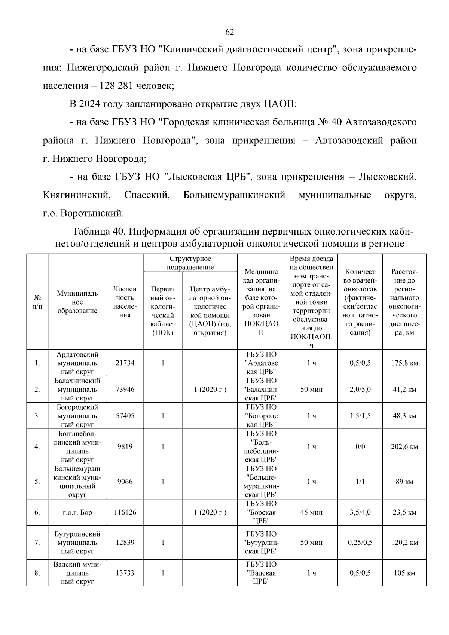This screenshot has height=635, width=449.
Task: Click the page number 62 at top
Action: [x=229, y=32]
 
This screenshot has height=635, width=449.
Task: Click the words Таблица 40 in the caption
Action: [x=97, y=232]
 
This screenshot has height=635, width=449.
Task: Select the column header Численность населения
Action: [x=125, y=302]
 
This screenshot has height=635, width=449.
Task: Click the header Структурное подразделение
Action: [x=190, y=263]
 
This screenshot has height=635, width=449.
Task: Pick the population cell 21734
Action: [x=125, y=363]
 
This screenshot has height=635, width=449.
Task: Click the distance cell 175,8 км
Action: [x=404, y=363]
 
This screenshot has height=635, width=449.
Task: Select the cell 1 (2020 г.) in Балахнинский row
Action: [x=210, y=390]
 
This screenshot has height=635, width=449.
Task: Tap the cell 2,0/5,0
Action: [x=360, y=390]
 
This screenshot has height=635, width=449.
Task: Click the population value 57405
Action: [x=125, y=416]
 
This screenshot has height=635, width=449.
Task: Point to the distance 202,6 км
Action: [x=404, y=446]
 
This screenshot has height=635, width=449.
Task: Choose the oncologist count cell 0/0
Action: [x=360, y=446]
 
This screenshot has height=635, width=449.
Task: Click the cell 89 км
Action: [x=404, y=482]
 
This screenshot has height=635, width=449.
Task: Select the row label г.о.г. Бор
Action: [x=77, y=512]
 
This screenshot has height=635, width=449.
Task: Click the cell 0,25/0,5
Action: [x=360, y=543]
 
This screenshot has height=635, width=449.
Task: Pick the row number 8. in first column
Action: [x=37, y=573]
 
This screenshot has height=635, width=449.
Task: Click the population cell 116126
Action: [x=125, y=512]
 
